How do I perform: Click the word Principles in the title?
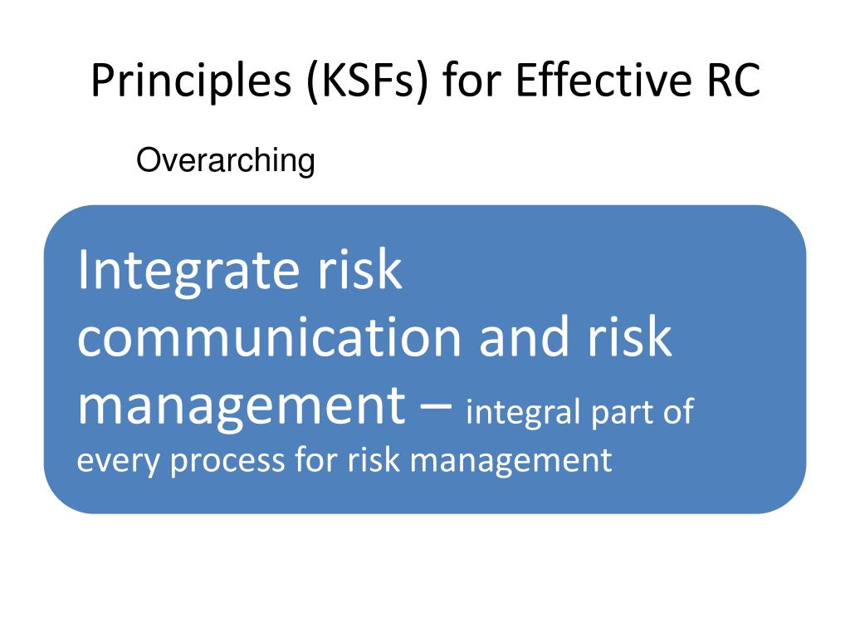pyautogui.click(x=192, y=81)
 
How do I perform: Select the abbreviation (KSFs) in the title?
pyautogui.click(x=367, y=81)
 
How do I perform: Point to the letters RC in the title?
pyautogui.click(x=734, y=81)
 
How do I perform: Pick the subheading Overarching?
pyautogui.click(x=226, y=161)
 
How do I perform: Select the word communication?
pyautogui.click(x=270, y=337)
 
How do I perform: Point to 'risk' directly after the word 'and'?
pyautogui.click(x=630, y=337)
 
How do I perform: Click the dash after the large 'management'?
pyautogui.click(x=436, y=405)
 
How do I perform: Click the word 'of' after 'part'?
pyautogui.click(x=678, y=411)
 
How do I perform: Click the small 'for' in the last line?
pyautogui.click(x=316, y=459)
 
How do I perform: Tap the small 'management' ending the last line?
pyautogui.click(x=511, y=462)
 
